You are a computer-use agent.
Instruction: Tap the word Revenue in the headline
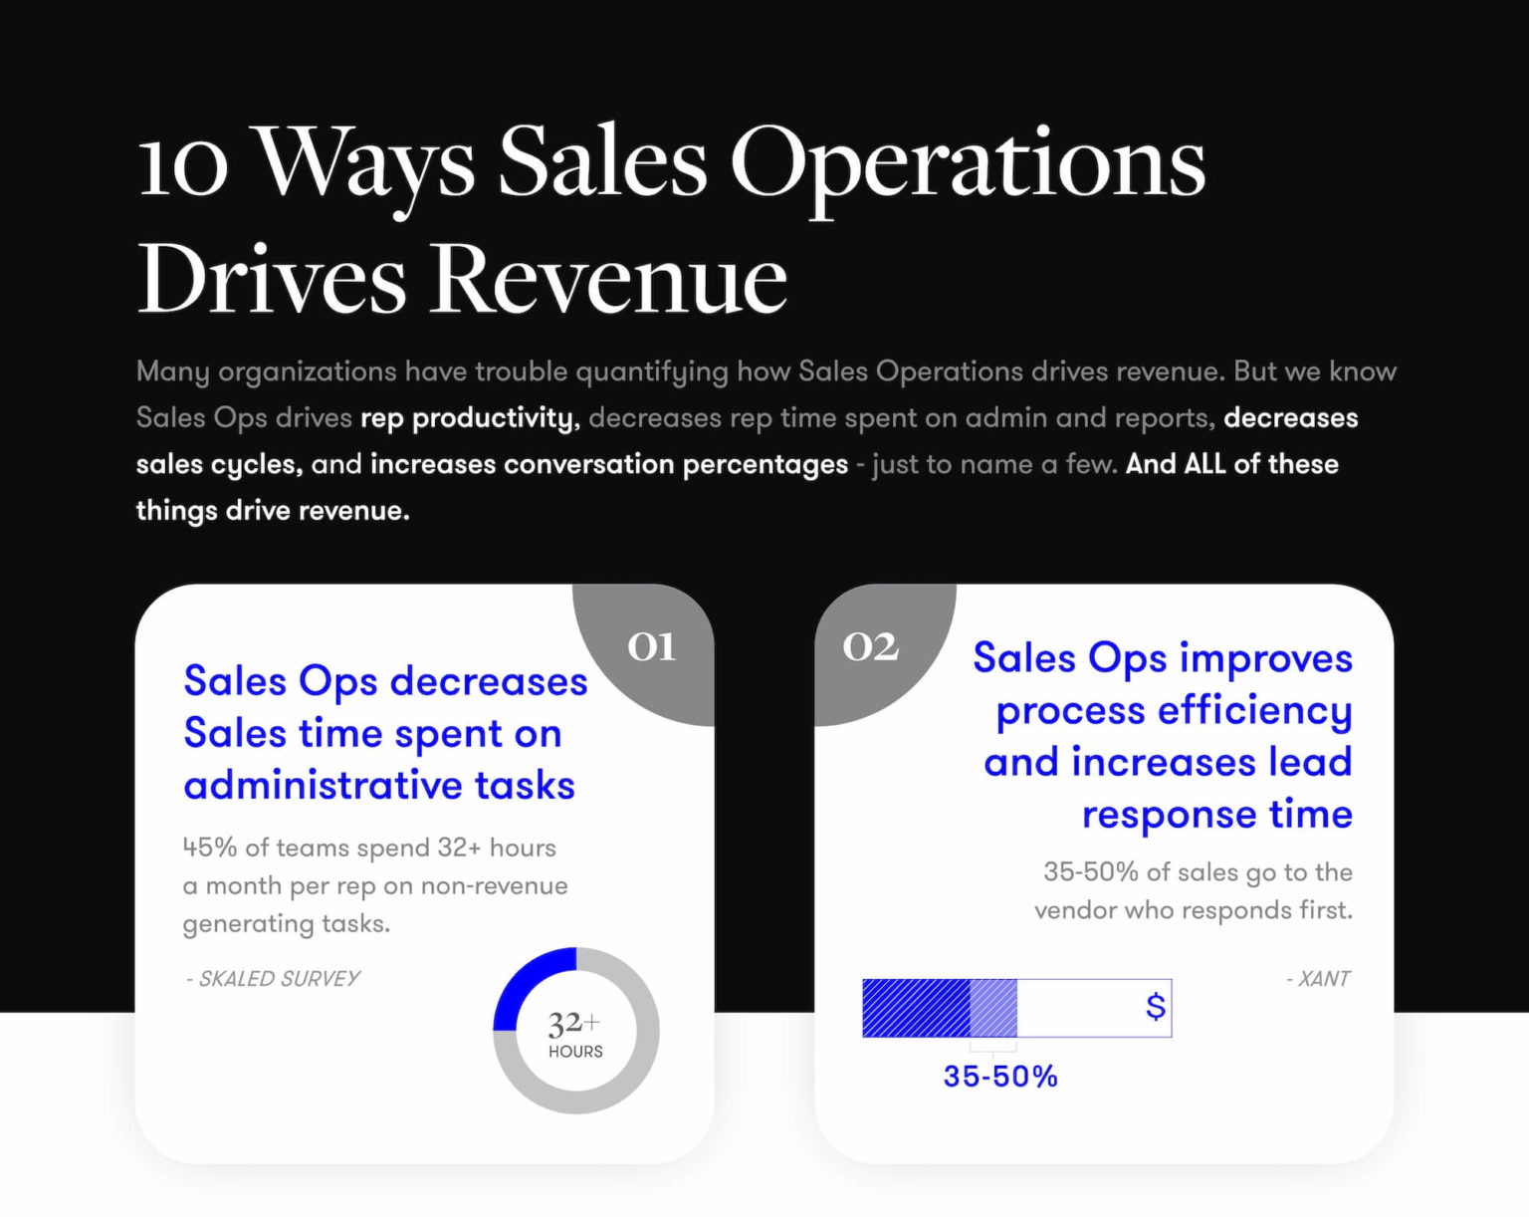click(x=610, y=279)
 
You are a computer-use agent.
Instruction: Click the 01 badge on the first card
click(x=651, y=647)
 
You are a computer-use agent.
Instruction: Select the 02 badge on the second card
click(x=871, y=647)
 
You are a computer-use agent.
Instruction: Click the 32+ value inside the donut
click(x=573, y=1023)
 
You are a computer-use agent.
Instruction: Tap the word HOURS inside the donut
click(x=575, y=1052)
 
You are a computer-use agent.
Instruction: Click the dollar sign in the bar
click(x=1155, y=1007)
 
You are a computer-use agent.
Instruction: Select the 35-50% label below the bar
click(x=999, y=1077)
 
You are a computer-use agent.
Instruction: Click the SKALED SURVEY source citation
click(x=274, y=979)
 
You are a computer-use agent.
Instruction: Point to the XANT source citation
click(x=1318, y=979)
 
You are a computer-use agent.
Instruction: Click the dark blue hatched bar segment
click(x=916, y=1008)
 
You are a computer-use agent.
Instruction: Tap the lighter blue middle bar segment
click(x=993, y=1008)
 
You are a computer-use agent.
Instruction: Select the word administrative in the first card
click(x=323, y=785)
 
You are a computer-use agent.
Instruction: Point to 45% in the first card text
click(x=210, y=848)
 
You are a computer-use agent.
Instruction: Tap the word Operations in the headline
click(x=968, y=162)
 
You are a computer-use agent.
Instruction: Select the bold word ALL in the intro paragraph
click(x=1204, y=464)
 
